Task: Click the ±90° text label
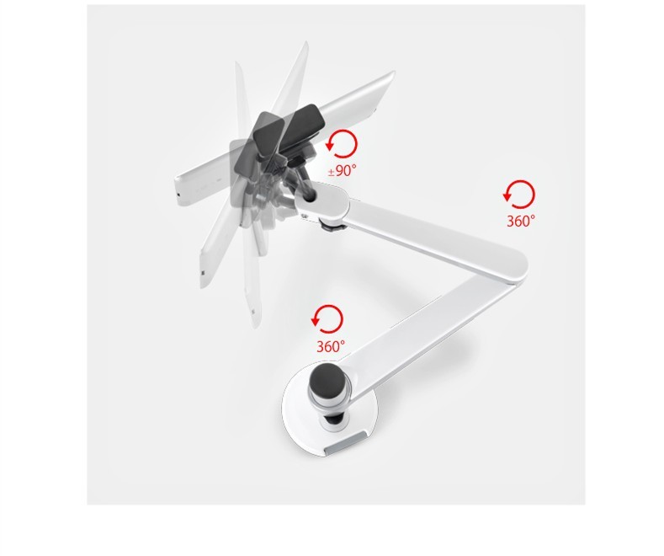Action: coord(343,170)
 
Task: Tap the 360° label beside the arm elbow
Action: coord(521,221)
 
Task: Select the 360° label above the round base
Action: coord(331,346)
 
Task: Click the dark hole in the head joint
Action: coord(310,193)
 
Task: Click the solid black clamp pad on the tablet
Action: coord(301,124)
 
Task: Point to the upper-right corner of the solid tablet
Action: coord(394,71)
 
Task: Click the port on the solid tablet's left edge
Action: coord(178,194)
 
